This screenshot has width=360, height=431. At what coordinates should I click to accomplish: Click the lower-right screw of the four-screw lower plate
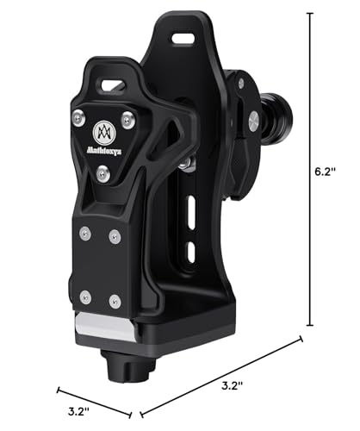(115, 301)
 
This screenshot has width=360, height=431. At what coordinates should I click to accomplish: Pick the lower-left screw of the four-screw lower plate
(84, 297)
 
